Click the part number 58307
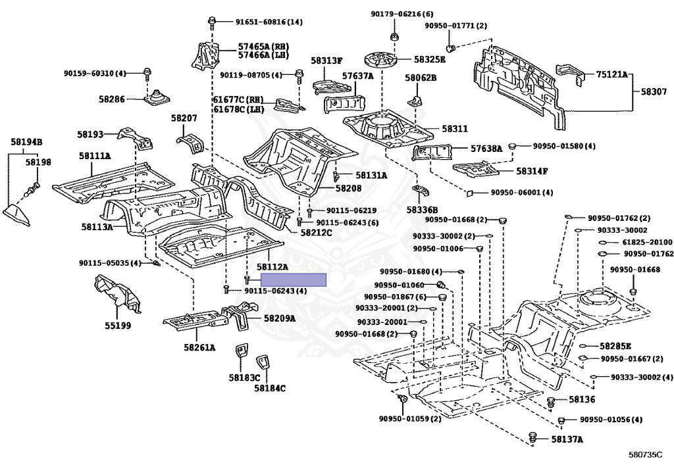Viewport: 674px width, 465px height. (x=654, y=92)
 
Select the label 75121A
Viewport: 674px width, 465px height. (x=612, y=75)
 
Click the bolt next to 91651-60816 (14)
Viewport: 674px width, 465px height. (x=212, y=22)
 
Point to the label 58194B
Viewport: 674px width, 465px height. (x=26, y=141)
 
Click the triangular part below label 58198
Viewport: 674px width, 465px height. (x=17, y=215)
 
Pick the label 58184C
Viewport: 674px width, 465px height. (x=270, y=389)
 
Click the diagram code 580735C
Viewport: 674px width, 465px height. (x=644, y=454)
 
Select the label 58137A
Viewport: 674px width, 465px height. (x=567, y=439)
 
